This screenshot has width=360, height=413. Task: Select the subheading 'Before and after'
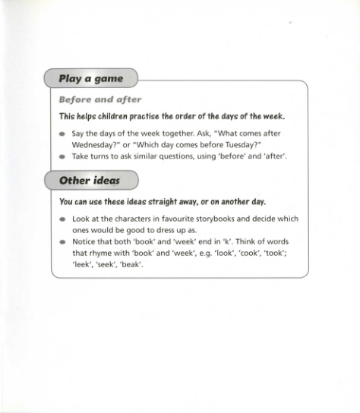100,99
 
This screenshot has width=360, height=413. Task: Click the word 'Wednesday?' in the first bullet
96,143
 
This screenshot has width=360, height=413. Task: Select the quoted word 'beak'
131,265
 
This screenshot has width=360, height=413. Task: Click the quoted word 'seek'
106,265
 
